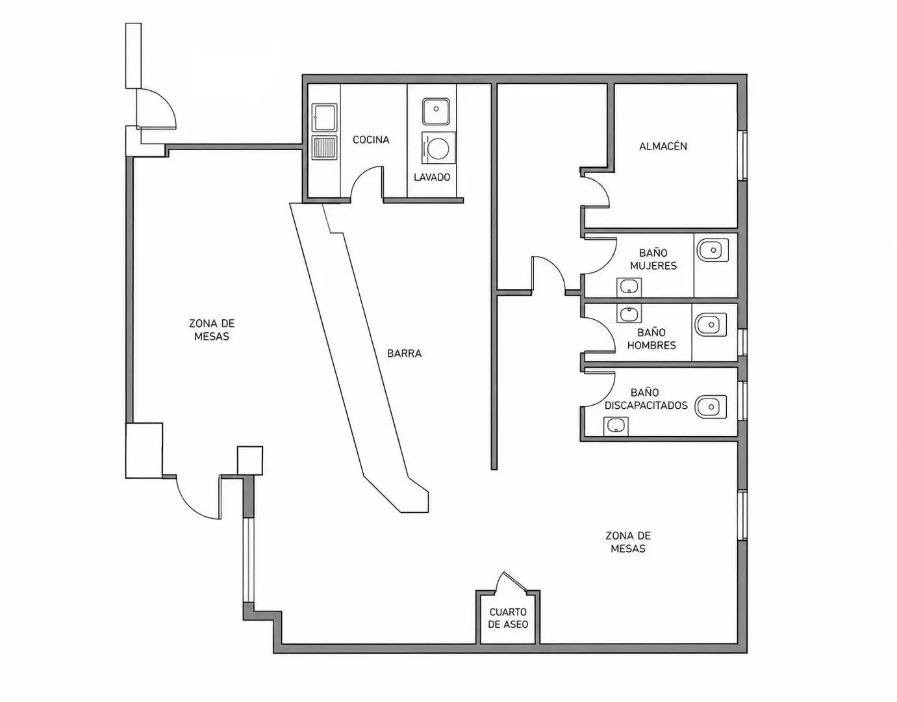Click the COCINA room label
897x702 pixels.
click(371, 140)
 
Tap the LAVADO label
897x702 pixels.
click(432, 177)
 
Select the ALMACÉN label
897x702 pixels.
click(663, 146)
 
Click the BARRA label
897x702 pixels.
click(404, 354)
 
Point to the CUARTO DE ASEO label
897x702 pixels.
click(508, 618)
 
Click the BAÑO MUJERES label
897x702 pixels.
click(653, 259)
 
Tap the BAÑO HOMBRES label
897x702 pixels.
click(651, 339)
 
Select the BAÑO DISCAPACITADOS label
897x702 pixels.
click(646, 399)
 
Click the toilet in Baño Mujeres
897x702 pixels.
click(713, 250)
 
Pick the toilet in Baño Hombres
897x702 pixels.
click(711, 325)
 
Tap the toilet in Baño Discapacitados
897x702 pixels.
click(711, 407)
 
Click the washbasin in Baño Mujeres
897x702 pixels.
click(629, 287)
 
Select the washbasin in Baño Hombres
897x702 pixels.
click(629, 313)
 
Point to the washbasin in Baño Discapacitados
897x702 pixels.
click(616, 426)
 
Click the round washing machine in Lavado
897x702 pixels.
click(438, 148)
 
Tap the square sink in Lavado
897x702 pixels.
click(436, 111)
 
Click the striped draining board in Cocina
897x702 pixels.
click(325, 148)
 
